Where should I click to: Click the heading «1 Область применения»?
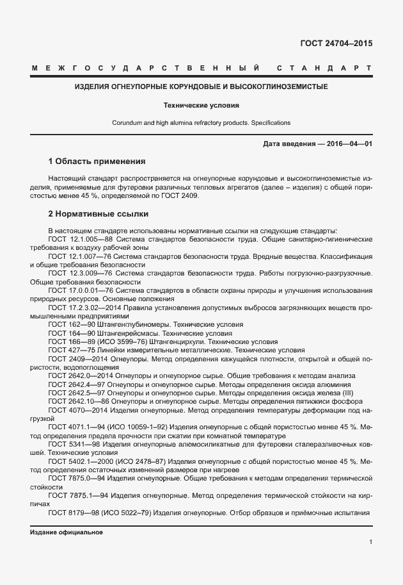pyautogui.click(x=97, y=161)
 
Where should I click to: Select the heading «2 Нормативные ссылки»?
pyautogui.click(x=98, y=213)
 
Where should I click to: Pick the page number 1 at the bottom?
pyautogui.click(x=370, y=542)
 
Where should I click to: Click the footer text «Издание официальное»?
pyautogui.click(x=67, y=532)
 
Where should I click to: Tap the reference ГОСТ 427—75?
pyautogui.click(x=72, y=350)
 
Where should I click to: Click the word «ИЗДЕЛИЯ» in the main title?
pyautogui.click(x=94, y=87)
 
